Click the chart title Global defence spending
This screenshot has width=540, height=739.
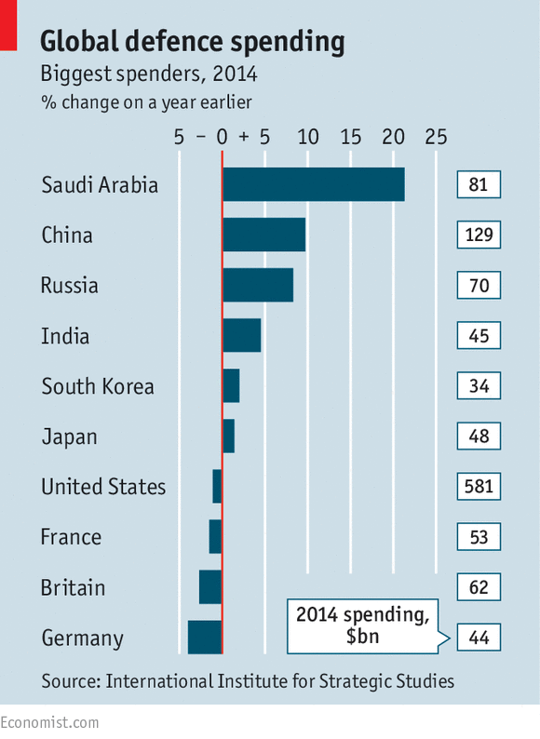click(192, 42)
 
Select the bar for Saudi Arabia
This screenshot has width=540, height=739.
click(313, 184)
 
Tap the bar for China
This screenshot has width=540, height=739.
click(263, 235)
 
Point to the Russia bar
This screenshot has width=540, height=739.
click(258, 285)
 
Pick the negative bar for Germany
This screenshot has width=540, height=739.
click(205, 638)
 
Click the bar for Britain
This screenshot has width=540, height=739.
click(210, 587)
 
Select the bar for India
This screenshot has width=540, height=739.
click(241, 335)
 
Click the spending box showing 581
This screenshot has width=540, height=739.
click(479, 487)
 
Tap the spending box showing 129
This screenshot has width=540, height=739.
click(479, 235)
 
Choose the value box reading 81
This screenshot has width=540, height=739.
click(479, 184)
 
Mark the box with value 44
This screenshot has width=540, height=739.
click(479, 638)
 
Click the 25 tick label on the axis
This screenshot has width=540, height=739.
click(436, 137)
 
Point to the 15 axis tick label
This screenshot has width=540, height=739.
click(350, 137)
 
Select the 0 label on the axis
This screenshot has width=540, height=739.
click(222, 137)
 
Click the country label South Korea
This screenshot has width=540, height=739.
click(98, 386)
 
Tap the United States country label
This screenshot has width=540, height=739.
click(103, 487)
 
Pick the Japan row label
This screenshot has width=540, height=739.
click(69, 437)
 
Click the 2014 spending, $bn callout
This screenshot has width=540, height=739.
click(363, 625)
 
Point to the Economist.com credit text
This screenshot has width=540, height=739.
click(49, 722)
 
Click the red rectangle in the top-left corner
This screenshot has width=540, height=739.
click(8, 25)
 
